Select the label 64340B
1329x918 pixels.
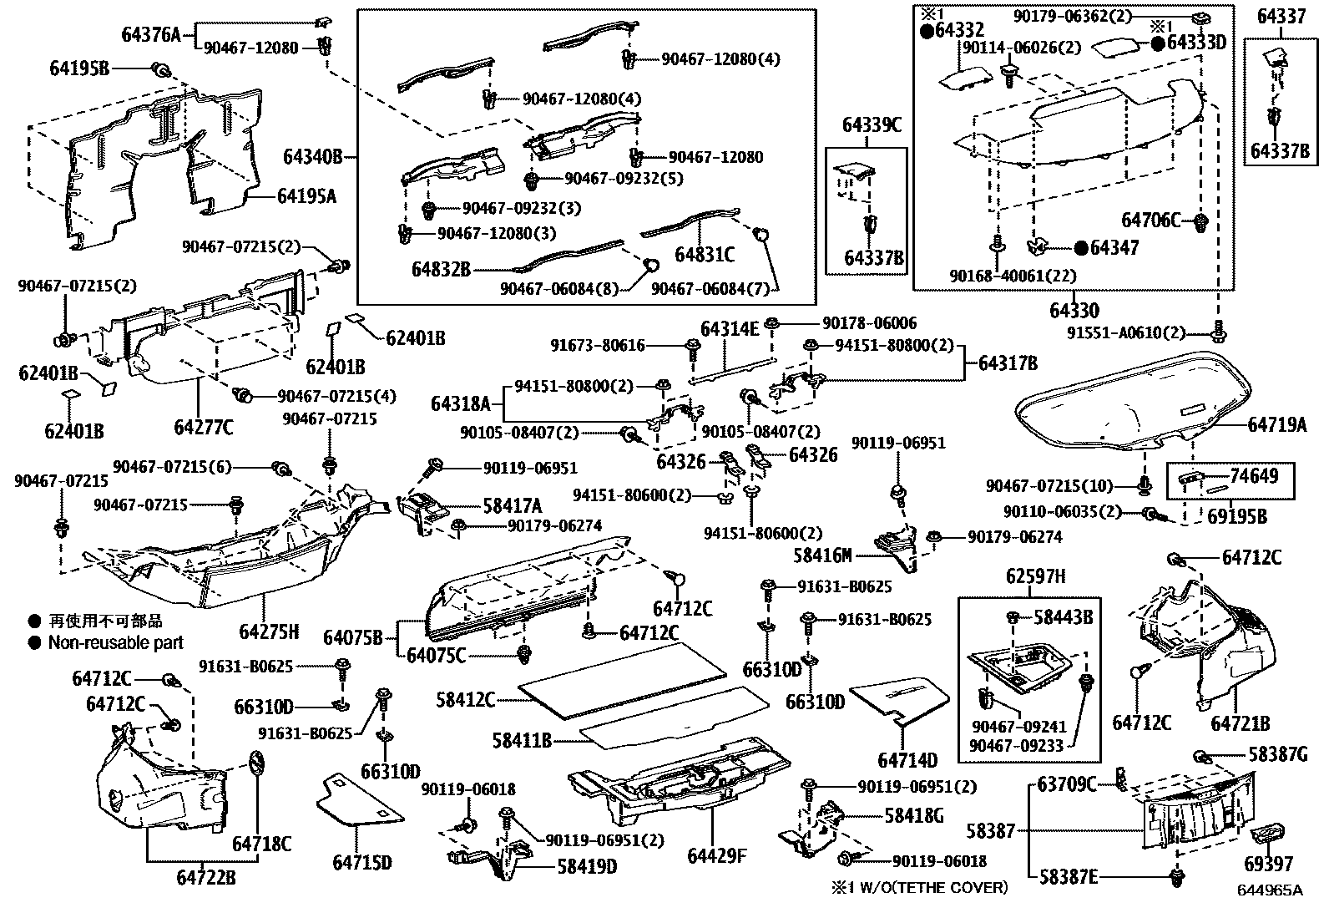pyautogui.click(x=313, y=157)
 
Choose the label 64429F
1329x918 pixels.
pyautogui.click(x=717, y=856)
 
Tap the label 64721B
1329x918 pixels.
pyautogui.click(x=1241, y=723)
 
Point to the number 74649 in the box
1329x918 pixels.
pyautogui.click(x=1254, y=476)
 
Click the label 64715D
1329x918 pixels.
pyautogui.click(x=361, y=862)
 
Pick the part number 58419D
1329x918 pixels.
pyautogui.click(x=587, y=866)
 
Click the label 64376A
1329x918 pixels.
pyautogui.click(x=151, y=34)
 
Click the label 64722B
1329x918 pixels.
pyautogui.click(x=205, y=877)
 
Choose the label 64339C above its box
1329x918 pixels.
pyautogui.click(x=872, y=125)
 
